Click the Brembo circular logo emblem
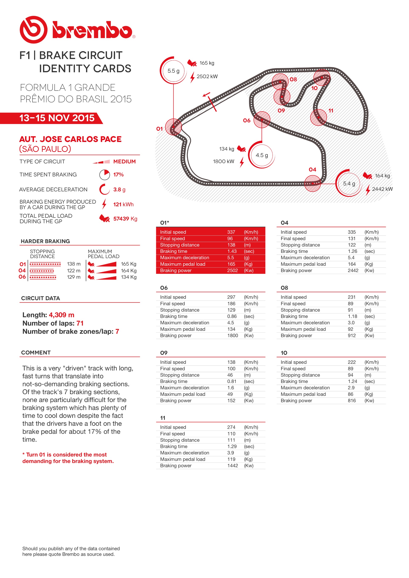[33, 30]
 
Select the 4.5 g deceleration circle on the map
[262, 155]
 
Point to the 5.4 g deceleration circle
[349, 183]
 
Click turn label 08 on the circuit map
[293, 79]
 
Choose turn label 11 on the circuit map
[331, 110]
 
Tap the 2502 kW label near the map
[207, 76]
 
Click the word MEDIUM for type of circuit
[124, 161]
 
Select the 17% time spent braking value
[118, 175]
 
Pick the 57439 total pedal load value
[121, 219]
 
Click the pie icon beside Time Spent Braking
[104, 175]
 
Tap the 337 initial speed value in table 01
[231, 232]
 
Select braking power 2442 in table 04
[353, 270]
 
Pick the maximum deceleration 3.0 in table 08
[351, 322]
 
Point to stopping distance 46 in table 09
[230, 375]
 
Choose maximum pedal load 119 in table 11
[231, 459]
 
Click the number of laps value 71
[80, 323]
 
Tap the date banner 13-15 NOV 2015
[57, 118]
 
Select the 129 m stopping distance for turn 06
[74, 277]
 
